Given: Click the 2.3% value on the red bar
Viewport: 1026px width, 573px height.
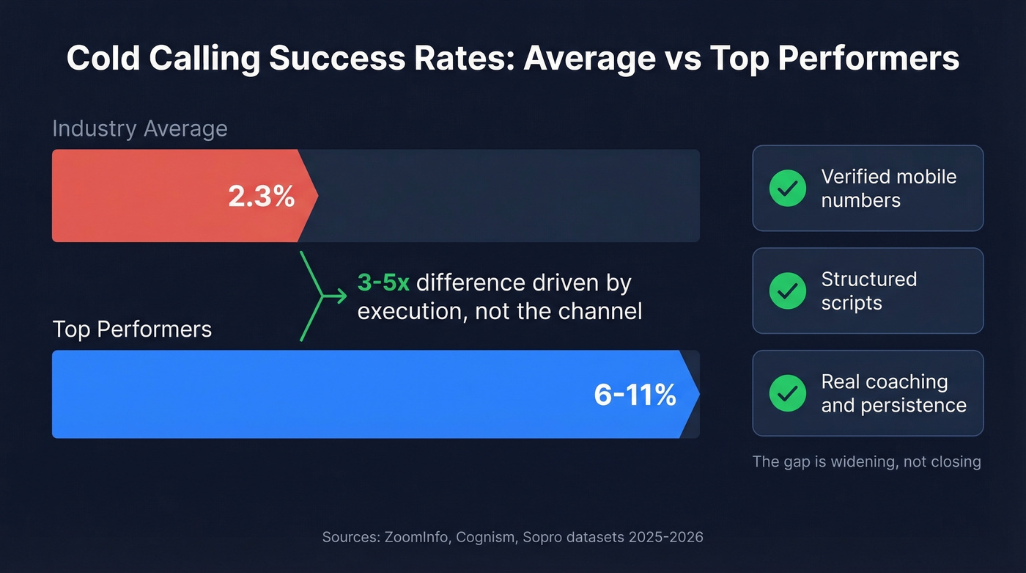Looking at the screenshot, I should pyautogui.click(x=261, y=197).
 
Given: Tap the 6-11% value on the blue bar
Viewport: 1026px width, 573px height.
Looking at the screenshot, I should pyautogui.click(x=635, y=395).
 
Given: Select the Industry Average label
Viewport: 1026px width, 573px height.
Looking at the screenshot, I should pyautogui.click(x=140, y=128).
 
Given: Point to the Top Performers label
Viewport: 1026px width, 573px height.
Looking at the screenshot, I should pyautogui.click(x=132, y=329).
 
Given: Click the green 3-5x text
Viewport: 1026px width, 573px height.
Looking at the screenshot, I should pyautogui.click(x=383, y=282).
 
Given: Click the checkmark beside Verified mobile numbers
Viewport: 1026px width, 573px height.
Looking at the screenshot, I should pyautogui.click(x=787, y=189).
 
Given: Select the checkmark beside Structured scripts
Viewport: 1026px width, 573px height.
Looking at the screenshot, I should pyautogui.click(x=787, y=291).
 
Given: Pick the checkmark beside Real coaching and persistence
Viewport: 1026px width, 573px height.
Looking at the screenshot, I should pyautogui.click(x=787, y=393).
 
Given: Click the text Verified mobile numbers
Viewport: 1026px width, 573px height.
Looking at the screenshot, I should pyautogui.click(x=888, y=189).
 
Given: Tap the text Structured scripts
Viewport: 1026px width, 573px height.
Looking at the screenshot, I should pyautogui.click(x=868, y=291).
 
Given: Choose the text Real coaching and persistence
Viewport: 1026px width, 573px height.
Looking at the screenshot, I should pyautogui.click(x=893, y=393).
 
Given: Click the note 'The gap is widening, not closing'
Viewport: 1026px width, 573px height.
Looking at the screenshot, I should pyautogui.click(x=866, y=461).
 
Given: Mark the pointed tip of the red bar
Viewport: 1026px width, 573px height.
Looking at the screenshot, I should pyautogui.click(x=317, y=196).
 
